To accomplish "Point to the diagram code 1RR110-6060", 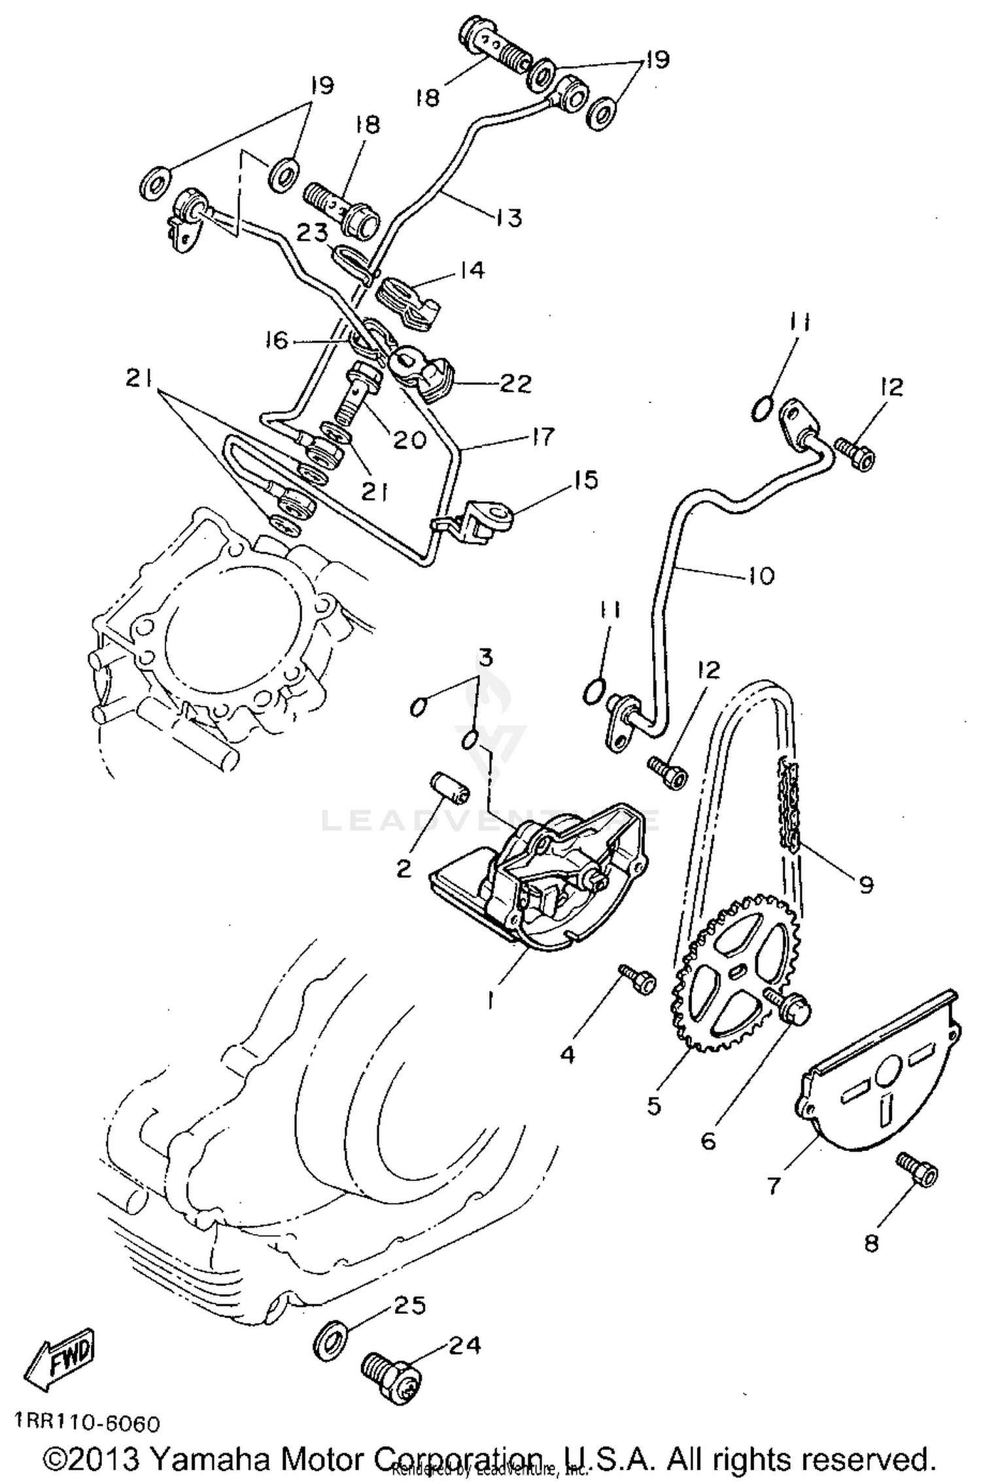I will tap(86, 1424).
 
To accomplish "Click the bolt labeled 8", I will tap(918, 1172).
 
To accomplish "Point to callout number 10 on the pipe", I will tap(760, 576).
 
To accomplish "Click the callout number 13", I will tap(508, 217).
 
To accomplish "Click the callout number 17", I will tap(542, 437).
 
